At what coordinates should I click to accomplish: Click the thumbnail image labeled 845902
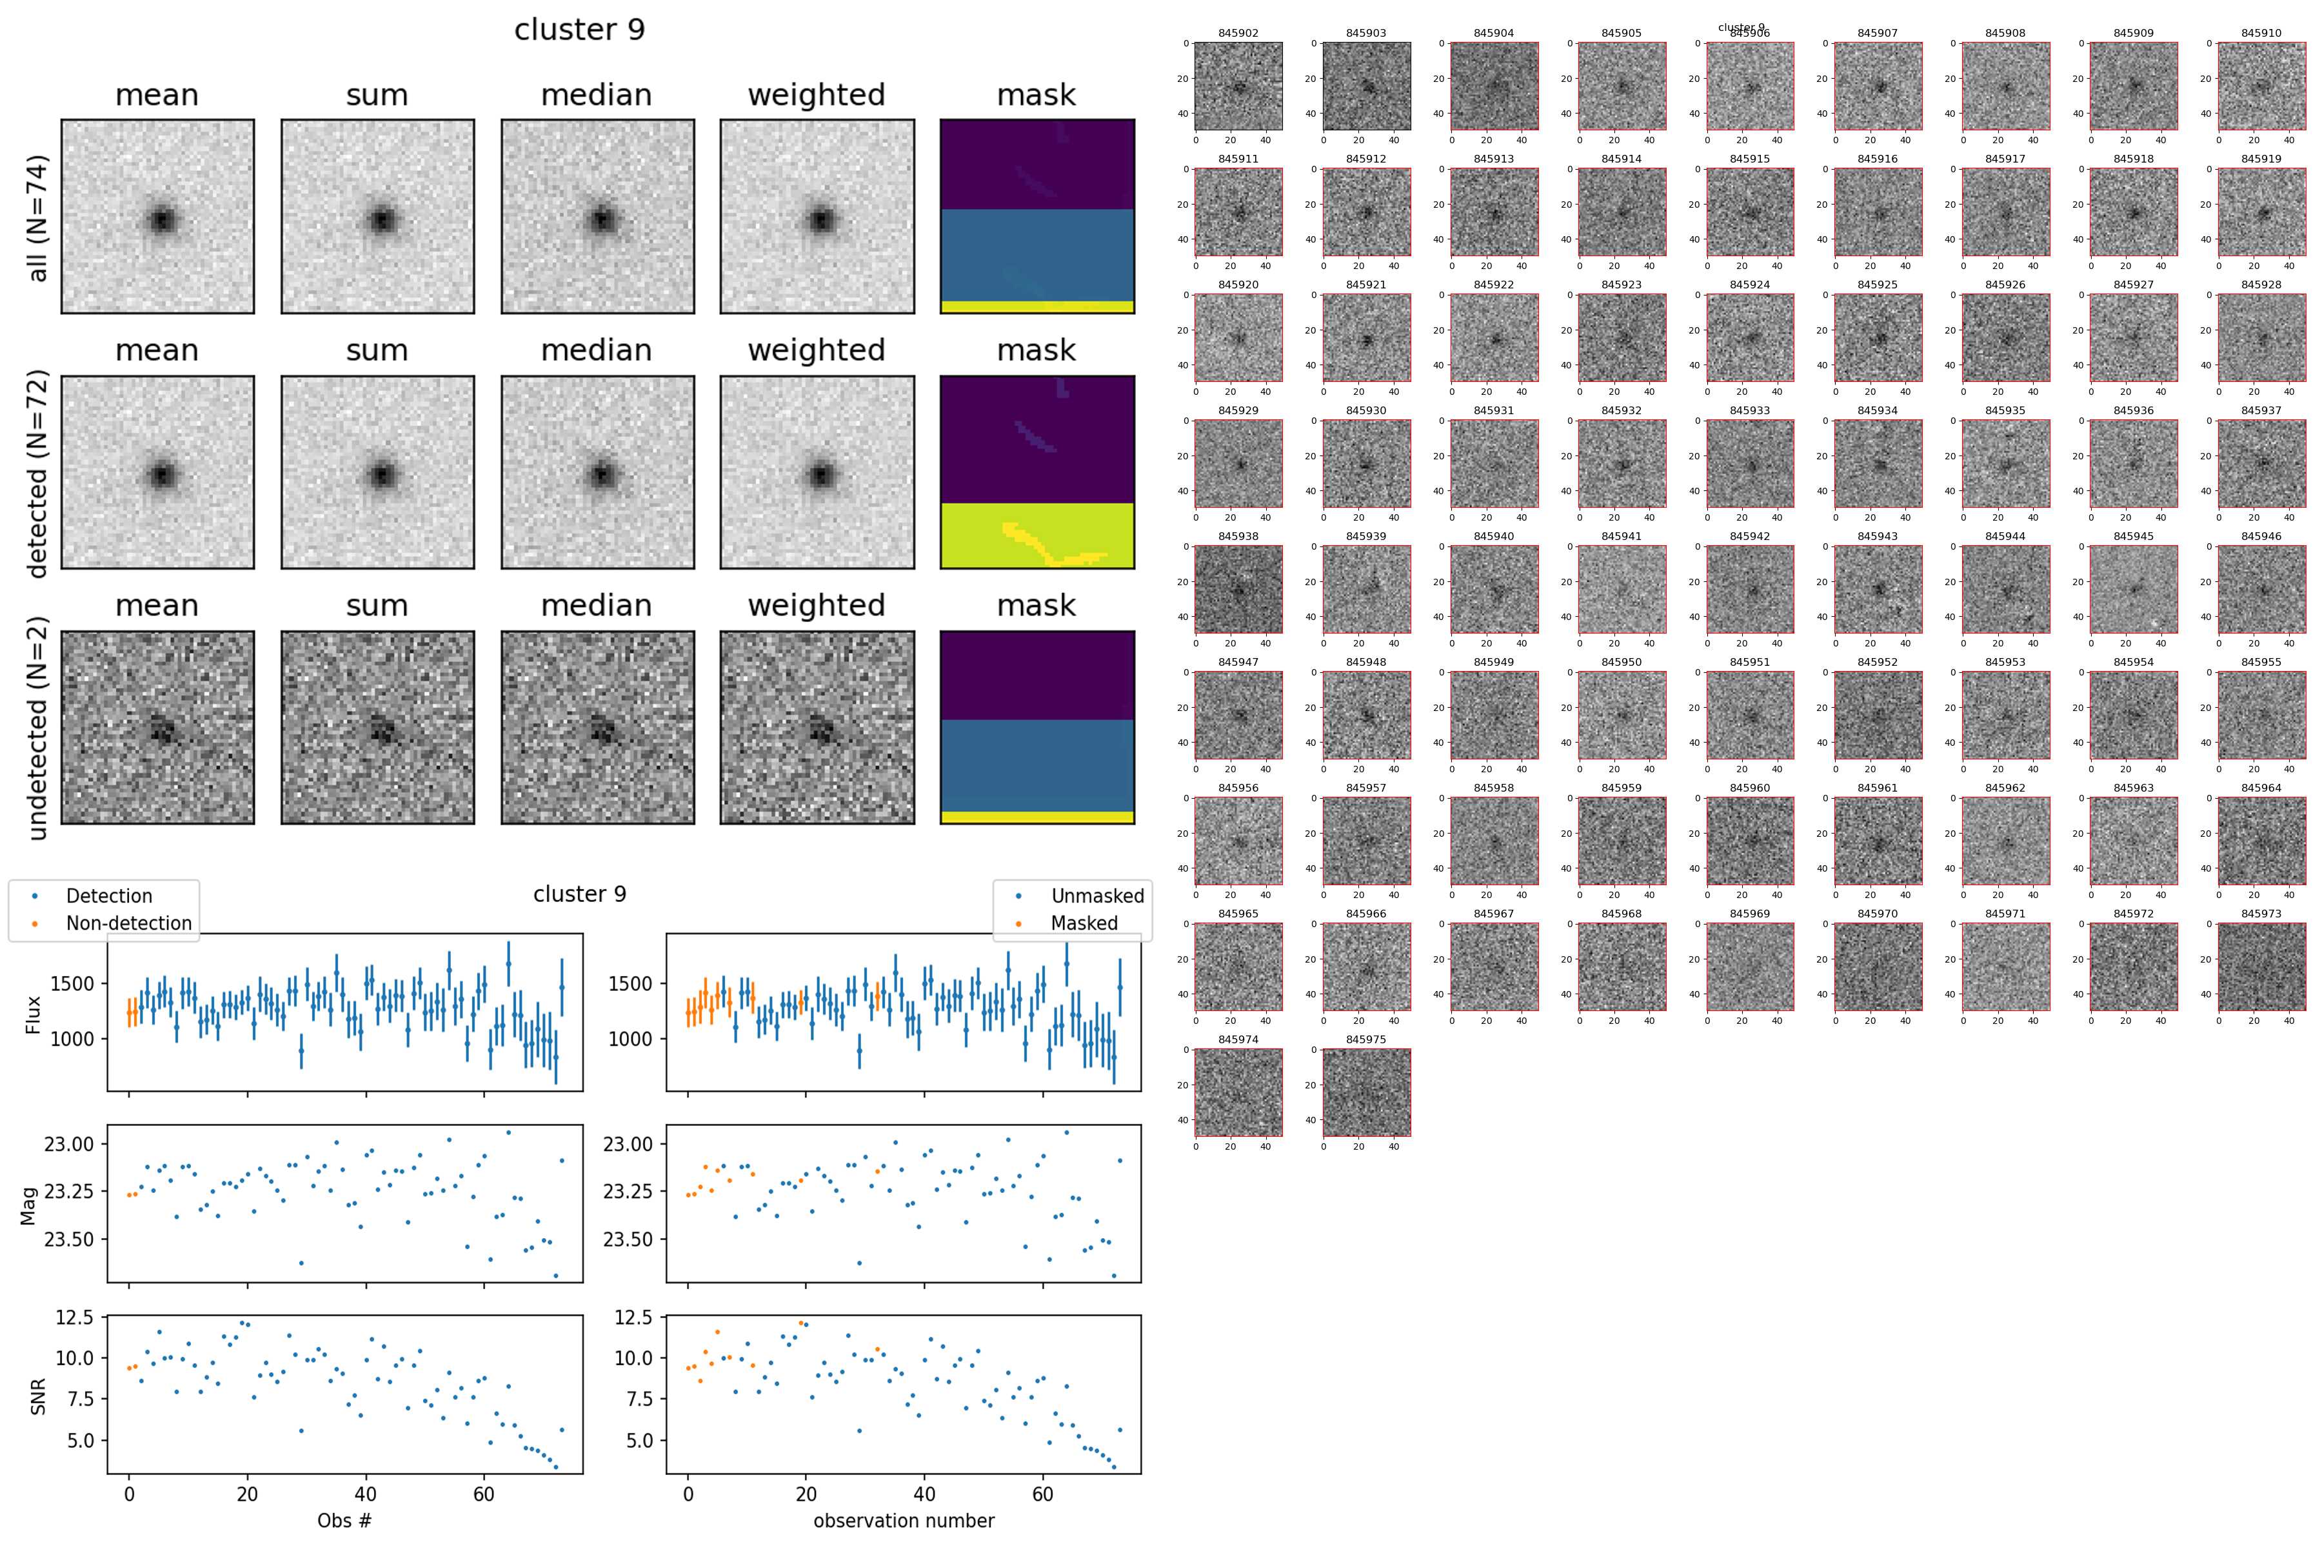1238,86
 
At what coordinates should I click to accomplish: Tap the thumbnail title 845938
1238,536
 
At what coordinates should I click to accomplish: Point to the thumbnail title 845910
2261,33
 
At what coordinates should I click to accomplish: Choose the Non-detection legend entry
128,923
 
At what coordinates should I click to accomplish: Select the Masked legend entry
1084,923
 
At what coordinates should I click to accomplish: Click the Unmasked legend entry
1096,896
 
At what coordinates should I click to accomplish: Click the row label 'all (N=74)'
37,217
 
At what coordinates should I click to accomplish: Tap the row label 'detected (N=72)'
37,473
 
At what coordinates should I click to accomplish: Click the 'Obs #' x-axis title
344,1520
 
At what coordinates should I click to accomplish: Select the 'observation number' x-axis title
904,1520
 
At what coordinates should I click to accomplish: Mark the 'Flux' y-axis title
33,1014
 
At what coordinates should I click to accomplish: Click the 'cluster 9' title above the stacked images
579,30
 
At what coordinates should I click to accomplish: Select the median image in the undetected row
597,727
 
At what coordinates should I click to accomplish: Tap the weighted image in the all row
817,217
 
